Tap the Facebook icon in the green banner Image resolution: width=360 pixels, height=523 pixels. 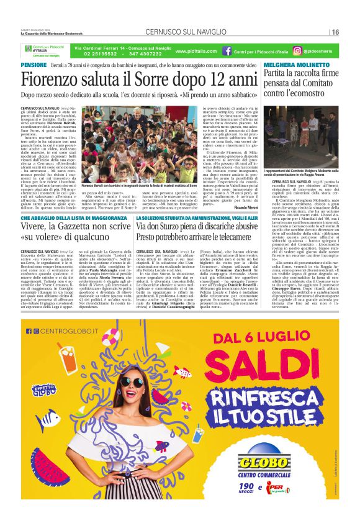(x=227, y=51)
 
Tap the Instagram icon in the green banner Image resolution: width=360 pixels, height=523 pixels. (x=297, y=51)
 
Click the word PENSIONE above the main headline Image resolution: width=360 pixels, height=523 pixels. (x=34, y=65)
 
